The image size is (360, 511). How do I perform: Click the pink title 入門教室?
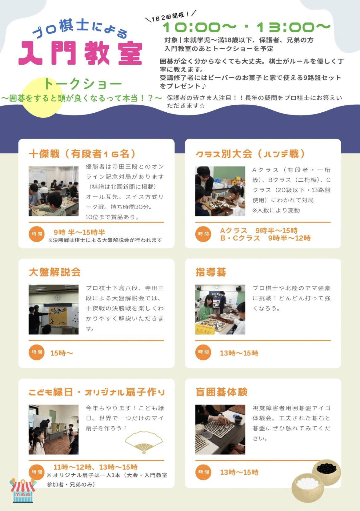pos(80,53)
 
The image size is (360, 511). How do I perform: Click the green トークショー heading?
pos(83,84)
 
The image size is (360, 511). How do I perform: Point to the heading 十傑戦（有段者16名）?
pos(82,154)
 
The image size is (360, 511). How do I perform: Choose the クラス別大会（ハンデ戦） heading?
pos(250,154)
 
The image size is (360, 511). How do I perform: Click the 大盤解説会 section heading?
pos(55,272)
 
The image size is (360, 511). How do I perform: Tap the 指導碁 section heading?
pos(211,272)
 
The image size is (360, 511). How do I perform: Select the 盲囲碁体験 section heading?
pos(221,392)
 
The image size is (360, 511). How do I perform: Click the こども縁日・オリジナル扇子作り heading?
pos(97,392)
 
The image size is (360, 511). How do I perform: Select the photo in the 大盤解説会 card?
pos(54,310)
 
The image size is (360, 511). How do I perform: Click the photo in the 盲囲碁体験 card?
pos(220,429)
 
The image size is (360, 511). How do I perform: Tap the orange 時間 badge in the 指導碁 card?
pos(203,352)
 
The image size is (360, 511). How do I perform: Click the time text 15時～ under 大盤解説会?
pos(62,353)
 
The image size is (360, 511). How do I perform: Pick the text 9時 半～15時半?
pos(79,232)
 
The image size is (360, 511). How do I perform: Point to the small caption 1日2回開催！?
pos(170,16)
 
